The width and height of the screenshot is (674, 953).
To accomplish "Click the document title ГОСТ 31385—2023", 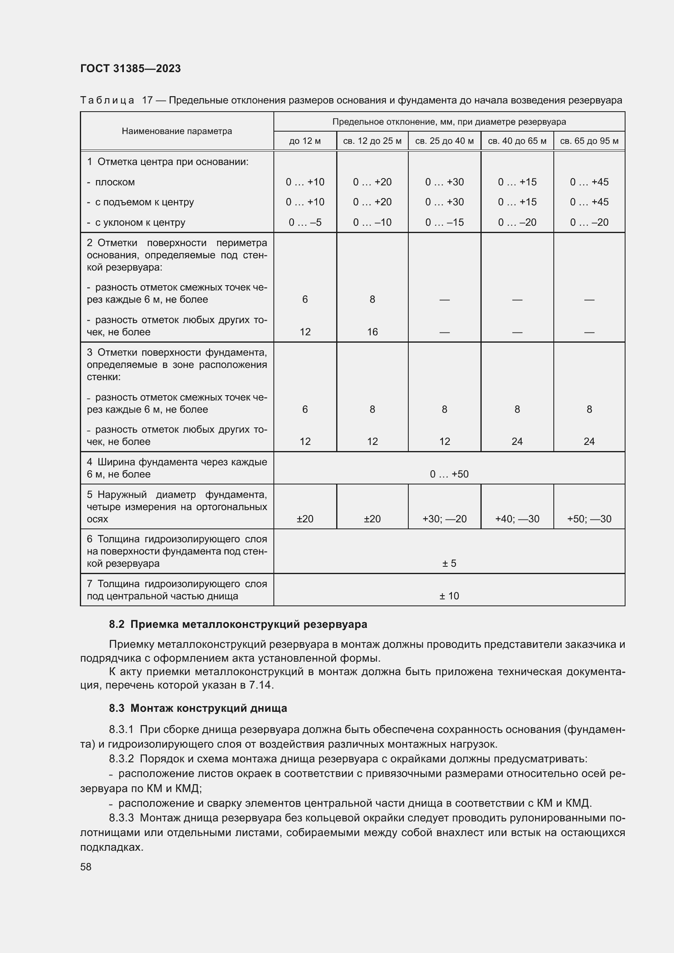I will [130, 68].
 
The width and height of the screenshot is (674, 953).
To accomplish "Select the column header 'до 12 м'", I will [305, 141].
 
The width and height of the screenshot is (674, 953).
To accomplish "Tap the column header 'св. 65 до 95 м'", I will [589, 141].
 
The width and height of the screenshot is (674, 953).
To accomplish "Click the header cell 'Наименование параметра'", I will [177, 131].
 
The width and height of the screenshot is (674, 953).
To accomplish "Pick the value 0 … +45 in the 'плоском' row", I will [589, 182].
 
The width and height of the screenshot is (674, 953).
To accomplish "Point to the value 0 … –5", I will [305, 222].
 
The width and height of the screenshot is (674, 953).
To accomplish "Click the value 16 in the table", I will [372, 332].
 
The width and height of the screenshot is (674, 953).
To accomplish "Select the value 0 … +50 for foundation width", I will [449, 474].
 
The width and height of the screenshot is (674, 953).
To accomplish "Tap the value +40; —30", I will [517, 519].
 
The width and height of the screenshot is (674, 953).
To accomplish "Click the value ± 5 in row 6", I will [449, 563].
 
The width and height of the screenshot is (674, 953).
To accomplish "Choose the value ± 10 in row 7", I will [449, 596].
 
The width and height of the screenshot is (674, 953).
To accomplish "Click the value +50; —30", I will [589, 519].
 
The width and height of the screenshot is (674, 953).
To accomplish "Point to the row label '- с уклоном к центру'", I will [136, 222].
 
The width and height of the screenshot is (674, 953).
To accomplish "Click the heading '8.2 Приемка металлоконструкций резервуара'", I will [238, 624].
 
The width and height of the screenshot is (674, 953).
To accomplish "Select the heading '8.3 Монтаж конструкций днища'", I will [198, 708].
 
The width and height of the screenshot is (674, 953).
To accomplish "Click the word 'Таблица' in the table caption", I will [107, 101].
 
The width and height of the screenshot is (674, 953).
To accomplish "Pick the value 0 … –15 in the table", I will [444, 222].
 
